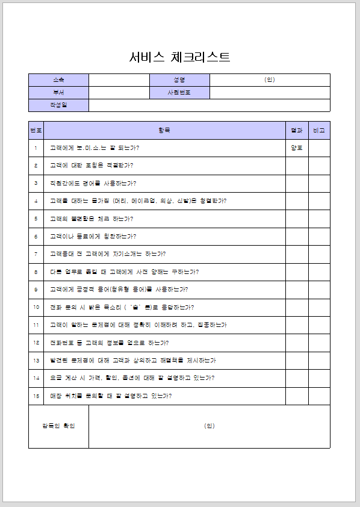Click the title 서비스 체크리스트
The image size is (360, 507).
(x=179, y=57)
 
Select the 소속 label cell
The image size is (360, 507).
(x=58, y=80)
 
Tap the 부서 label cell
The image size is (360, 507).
(x=58, y=93)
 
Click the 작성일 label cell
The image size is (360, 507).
(x=58, y=105)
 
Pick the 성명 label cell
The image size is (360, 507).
(x=179, y=80)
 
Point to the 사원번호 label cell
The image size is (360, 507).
(x=179, y=93)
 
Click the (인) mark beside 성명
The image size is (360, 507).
(x=270, y=80)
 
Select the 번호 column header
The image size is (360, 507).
(x=36, y=130)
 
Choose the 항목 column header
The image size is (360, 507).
(x=164, y=130)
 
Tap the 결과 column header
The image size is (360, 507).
(x=297, y=130)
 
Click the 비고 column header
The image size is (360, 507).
(x=319, y=130)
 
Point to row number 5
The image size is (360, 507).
(x=36, y=219)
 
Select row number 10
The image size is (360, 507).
(x=36, y=307)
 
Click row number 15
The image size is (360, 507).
(x=36, y=396)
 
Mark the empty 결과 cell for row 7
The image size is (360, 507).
(x=297, y=254)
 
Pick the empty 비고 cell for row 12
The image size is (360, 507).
(x=319, y=343)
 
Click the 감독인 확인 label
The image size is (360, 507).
(x=58, y=426)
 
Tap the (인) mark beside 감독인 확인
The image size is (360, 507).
(x=209, y=426)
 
